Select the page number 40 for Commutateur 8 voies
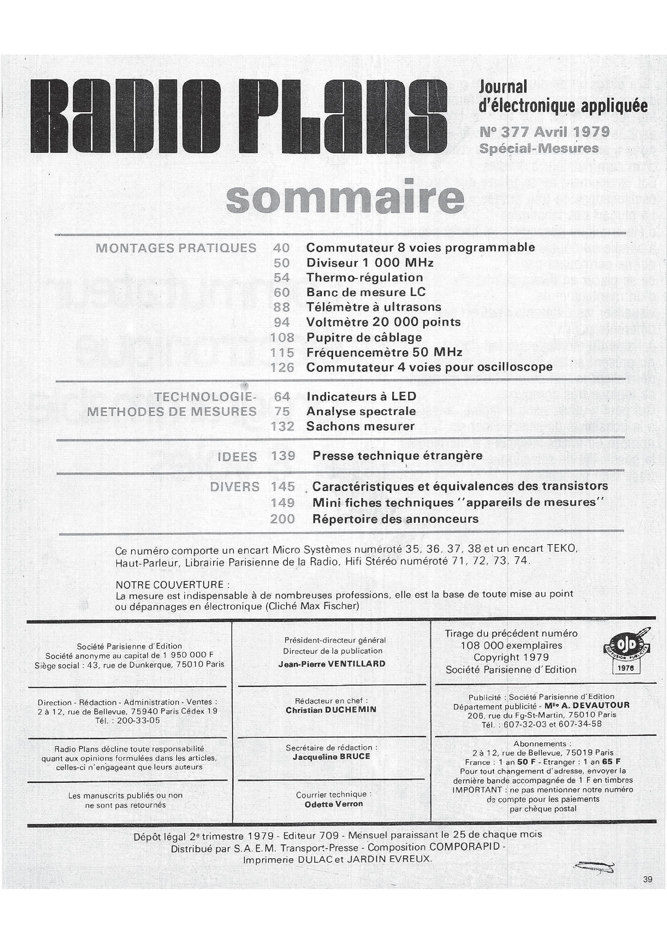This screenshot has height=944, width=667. coord(281,248)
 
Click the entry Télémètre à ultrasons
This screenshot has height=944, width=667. coord(373,307)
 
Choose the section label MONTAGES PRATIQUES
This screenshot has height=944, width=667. coord(176,248)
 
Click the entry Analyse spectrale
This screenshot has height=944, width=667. coord(361,411)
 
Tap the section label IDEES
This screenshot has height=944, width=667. coord(237,456)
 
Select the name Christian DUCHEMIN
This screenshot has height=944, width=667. coord(331,710)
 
